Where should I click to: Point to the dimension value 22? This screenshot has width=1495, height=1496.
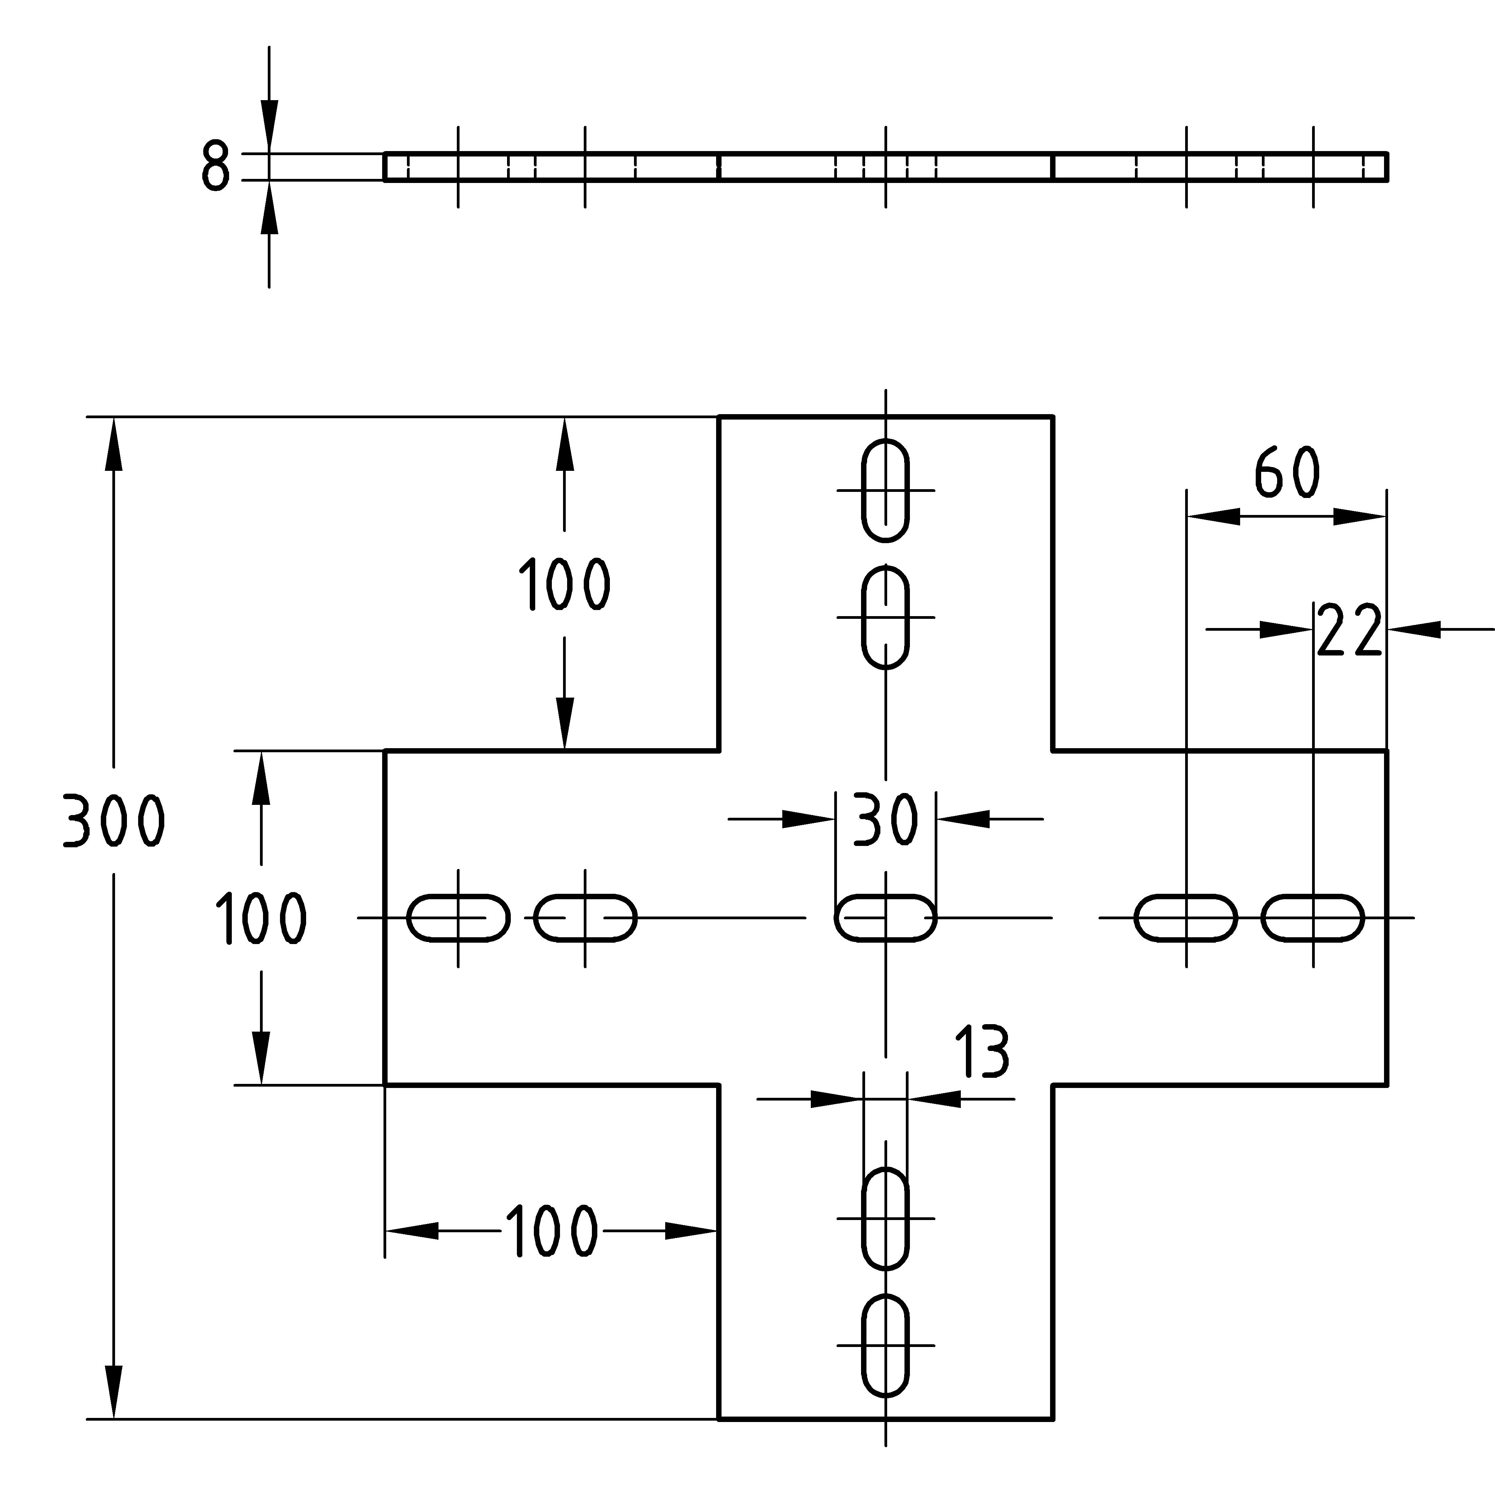click(1349, 631)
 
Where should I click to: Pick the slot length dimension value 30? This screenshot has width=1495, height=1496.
click(885, 819)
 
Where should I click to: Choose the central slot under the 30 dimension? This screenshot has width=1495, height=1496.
click(885, 918)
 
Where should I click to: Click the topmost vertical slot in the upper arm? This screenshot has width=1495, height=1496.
click(885, 490)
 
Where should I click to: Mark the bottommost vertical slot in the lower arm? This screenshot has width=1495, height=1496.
click(885, 1345)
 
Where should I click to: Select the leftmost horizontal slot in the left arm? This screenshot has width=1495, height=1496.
click(458, 918)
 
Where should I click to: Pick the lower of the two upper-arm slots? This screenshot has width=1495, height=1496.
click(885, 617)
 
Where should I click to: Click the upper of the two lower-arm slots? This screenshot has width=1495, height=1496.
click(885, 1218)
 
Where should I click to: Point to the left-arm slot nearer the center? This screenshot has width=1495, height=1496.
click(585, 918)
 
